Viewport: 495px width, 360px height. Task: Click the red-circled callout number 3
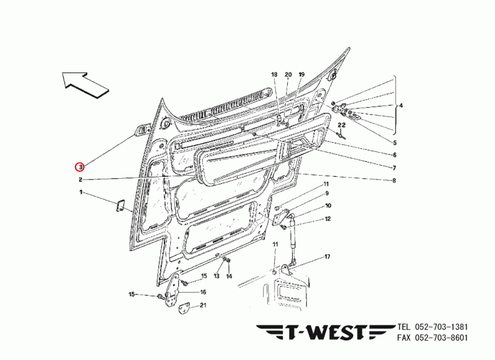click(79, 166)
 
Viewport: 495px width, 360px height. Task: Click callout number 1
click(80, 193)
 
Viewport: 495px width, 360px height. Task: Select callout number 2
click(80, 180)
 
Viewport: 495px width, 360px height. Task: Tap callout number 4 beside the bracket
click(401, 106)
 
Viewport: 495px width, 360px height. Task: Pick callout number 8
click(394, 181)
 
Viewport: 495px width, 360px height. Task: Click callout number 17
click(327, 256)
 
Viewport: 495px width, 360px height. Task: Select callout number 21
click(203, 305)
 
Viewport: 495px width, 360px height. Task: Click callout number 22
click(341, 126)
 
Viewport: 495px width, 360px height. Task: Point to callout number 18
click(275, 75)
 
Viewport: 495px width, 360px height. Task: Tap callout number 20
click(288, 75)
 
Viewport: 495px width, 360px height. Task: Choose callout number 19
click(301, 75)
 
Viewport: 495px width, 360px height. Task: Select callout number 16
click(203, 292)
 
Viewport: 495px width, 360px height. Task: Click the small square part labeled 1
click(119, 206)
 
